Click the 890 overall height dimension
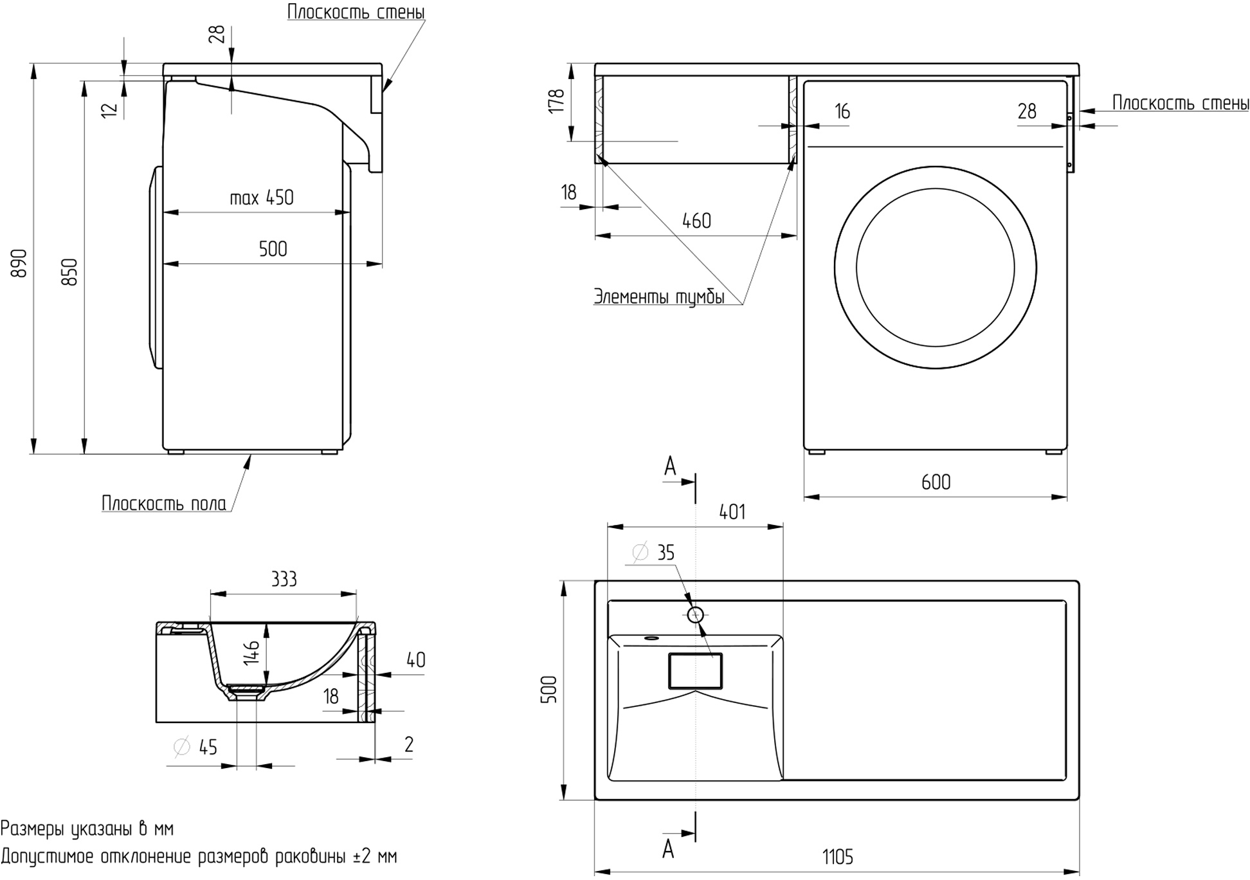tap(20, 263)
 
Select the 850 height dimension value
tap(70, 271)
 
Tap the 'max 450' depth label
tap(262, 197)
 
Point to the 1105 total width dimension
tap(837, 857)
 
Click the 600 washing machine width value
tap(936, 482)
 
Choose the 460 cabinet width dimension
tap(696, 221)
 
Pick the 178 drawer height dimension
tap(556, 102)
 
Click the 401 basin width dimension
tap(732, 512)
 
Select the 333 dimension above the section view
tap(284, 580)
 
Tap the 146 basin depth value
tap(252, 652)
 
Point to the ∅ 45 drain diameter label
tap(196, 747)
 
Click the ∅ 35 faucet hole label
tap(654, 553)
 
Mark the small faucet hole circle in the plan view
tap(695, 615)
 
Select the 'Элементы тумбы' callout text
tap(659, 297)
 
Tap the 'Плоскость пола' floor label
tap(164, 503)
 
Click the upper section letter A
tap(670, 466)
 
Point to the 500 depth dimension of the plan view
tap(548, 689)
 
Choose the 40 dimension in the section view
tap(415, 660)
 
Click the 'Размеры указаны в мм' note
tap(87, 829)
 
